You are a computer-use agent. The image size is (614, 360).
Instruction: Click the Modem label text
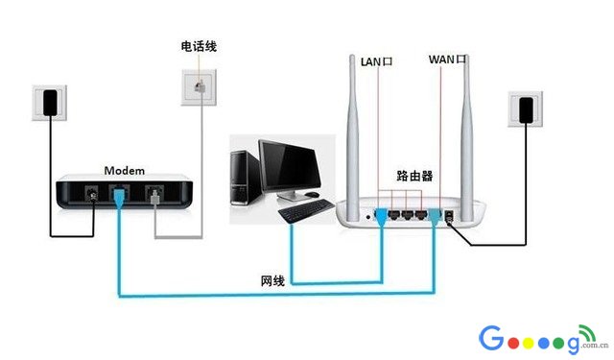[124, 170]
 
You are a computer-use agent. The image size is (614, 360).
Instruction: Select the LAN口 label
[376, 61]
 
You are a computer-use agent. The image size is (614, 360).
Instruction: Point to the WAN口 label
[447, 60]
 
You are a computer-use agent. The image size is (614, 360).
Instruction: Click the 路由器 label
[414, 177]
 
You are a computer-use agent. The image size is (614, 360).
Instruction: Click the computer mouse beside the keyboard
[314, 195]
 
